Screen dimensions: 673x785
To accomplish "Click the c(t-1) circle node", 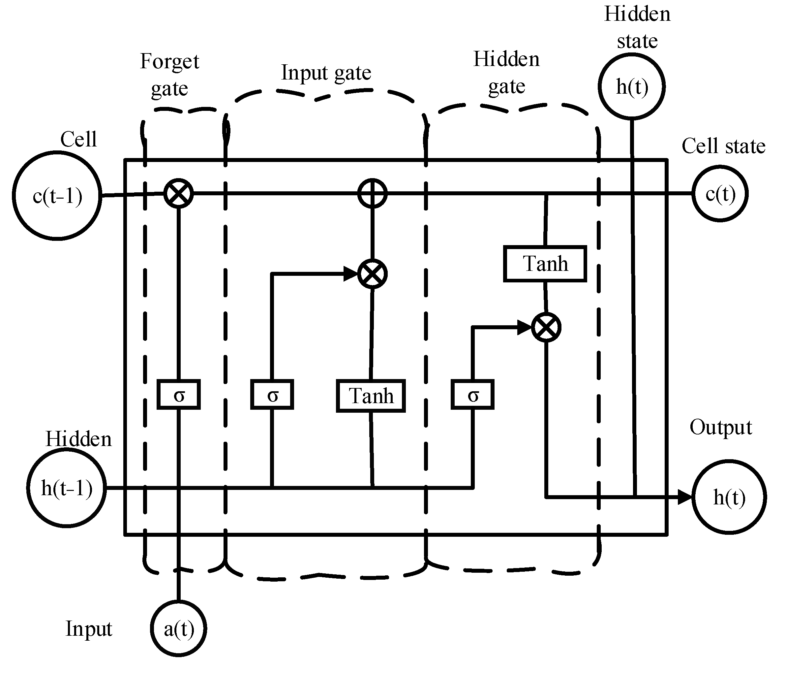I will coord(57,196).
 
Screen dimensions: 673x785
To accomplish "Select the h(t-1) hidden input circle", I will coord(66,488).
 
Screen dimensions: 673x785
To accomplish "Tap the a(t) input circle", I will coord(178,629).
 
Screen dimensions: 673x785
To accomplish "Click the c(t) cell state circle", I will coord(720,194).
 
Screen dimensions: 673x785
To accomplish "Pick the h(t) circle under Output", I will coord(729,497).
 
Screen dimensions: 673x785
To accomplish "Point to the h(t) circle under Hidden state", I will coord(632,86).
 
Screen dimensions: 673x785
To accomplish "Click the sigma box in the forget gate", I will coord(178,395).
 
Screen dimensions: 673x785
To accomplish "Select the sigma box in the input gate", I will coord(272,395).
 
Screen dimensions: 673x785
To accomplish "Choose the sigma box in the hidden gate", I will coord(472,395).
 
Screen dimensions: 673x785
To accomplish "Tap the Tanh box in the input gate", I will coord(371,396).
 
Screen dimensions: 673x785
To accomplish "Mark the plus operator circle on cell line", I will coord(373,193).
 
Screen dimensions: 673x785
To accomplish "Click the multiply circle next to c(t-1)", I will coord(178,193).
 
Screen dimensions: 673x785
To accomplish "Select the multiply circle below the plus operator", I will coord(373,274).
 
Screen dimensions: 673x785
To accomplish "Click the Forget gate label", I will coord(169,75).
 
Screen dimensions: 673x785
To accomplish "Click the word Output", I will coord(721,428).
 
